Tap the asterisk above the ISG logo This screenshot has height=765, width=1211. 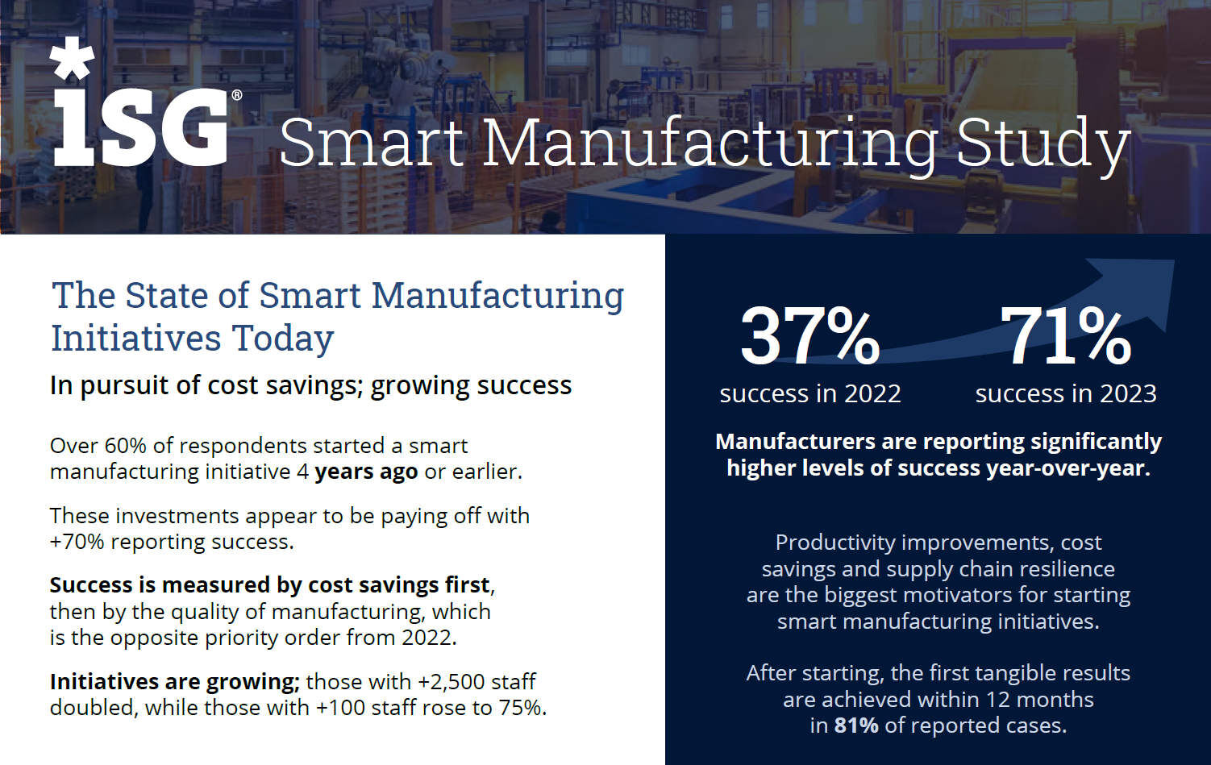click(72, 58)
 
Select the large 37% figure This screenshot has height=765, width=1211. click(809, 335)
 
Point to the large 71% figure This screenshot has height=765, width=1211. click(1065, 335)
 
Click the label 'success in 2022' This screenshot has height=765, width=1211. click(809, 393)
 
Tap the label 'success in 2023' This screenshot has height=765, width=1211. click(1065, 393)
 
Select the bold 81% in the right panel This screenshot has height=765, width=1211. click(856, 726)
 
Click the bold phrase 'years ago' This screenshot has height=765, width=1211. click(366, 472)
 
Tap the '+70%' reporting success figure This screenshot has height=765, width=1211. click(77, 542)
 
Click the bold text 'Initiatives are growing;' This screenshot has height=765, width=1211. click(174, 682)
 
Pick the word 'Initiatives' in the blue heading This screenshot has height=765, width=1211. click(136, 339)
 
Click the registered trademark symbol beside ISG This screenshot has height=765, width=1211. click(236, 95)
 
